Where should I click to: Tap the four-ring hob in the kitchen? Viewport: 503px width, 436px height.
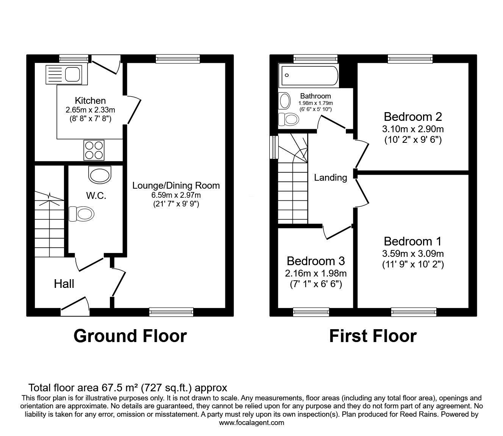pyautogui.click(x=94, y=150)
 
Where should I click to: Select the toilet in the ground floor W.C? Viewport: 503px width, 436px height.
pyautogui.click(x=80, y=214)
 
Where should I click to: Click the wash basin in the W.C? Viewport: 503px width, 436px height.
pyautogui.click(x=100, y=174)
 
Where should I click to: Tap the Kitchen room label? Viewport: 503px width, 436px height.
pyautogui.click(x=90, y=101)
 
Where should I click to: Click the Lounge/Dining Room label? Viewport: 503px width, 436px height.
pyautogui.click(x=176, y=186)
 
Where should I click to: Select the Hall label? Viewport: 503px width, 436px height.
pyautogui.click(x=64, y=284)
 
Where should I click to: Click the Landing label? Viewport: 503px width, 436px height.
pyautogui.click(x=330, y=178)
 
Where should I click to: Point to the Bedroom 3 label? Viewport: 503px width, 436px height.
pyautogui.click(x=316, y=261)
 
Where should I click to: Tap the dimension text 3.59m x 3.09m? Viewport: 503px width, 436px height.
pyautogui.click(x=412, y=254)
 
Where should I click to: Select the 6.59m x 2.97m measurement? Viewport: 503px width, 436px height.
pyautogui.click(x=176, y=195)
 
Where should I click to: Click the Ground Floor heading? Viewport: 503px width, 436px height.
pyautogui.click(x=130, y=336)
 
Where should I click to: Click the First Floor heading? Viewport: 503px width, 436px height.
pyautogui.click(x=373, y=336)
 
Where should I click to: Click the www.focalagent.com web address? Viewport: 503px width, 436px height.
pyautogui.click(x=251, y=423)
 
